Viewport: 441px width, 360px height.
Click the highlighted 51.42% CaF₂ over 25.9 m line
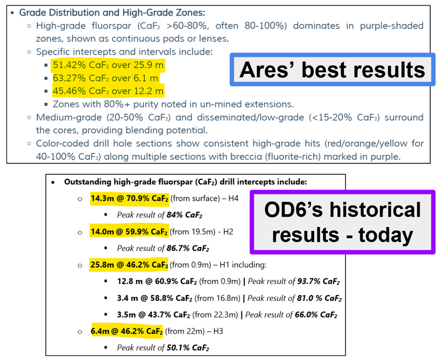click(108, 65)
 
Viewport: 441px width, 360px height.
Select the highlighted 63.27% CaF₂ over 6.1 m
click(106, 78)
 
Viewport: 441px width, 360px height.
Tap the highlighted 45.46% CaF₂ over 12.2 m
click(108, 91)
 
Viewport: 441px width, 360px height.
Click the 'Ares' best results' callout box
click(332, 69)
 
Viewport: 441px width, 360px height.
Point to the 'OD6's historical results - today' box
click(342, 222)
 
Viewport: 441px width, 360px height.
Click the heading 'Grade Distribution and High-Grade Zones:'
click(112, 13)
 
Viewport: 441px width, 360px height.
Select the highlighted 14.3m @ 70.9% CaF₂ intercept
click(130, 198)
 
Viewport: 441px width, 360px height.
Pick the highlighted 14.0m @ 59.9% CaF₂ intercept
click(130, 232)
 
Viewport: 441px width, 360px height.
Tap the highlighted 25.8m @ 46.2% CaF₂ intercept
click(129, 265)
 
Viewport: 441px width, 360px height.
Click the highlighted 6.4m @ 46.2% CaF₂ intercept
click(127, 331)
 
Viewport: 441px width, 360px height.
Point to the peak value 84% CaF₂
click(185, 215)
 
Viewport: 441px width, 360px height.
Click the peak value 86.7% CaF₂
click(188, 248)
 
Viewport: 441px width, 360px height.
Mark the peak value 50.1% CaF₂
click(188, 348)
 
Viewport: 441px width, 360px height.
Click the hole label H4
click(233, 198)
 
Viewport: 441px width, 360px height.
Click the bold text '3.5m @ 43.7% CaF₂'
click(154, 315)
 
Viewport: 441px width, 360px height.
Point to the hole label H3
click(218, 331)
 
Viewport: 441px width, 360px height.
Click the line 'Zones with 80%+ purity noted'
click(173, 104)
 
